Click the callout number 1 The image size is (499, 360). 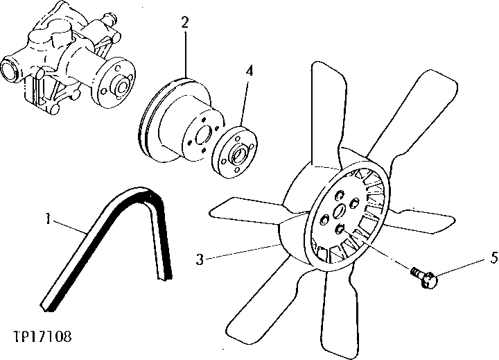pyautogui.click(x=48, y=220)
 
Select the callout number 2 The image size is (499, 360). pyautogui.click(x=185, y=22)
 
